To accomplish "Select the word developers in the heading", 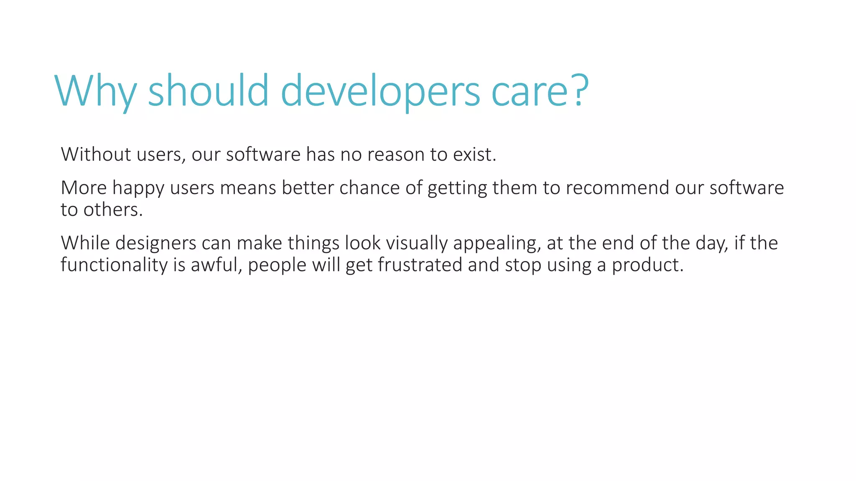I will (x=380, y=91).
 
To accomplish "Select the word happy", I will (x=138, y=188).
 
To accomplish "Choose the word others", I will (x=113, y=210).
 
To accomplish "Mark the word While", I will (x=85, y=243).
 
